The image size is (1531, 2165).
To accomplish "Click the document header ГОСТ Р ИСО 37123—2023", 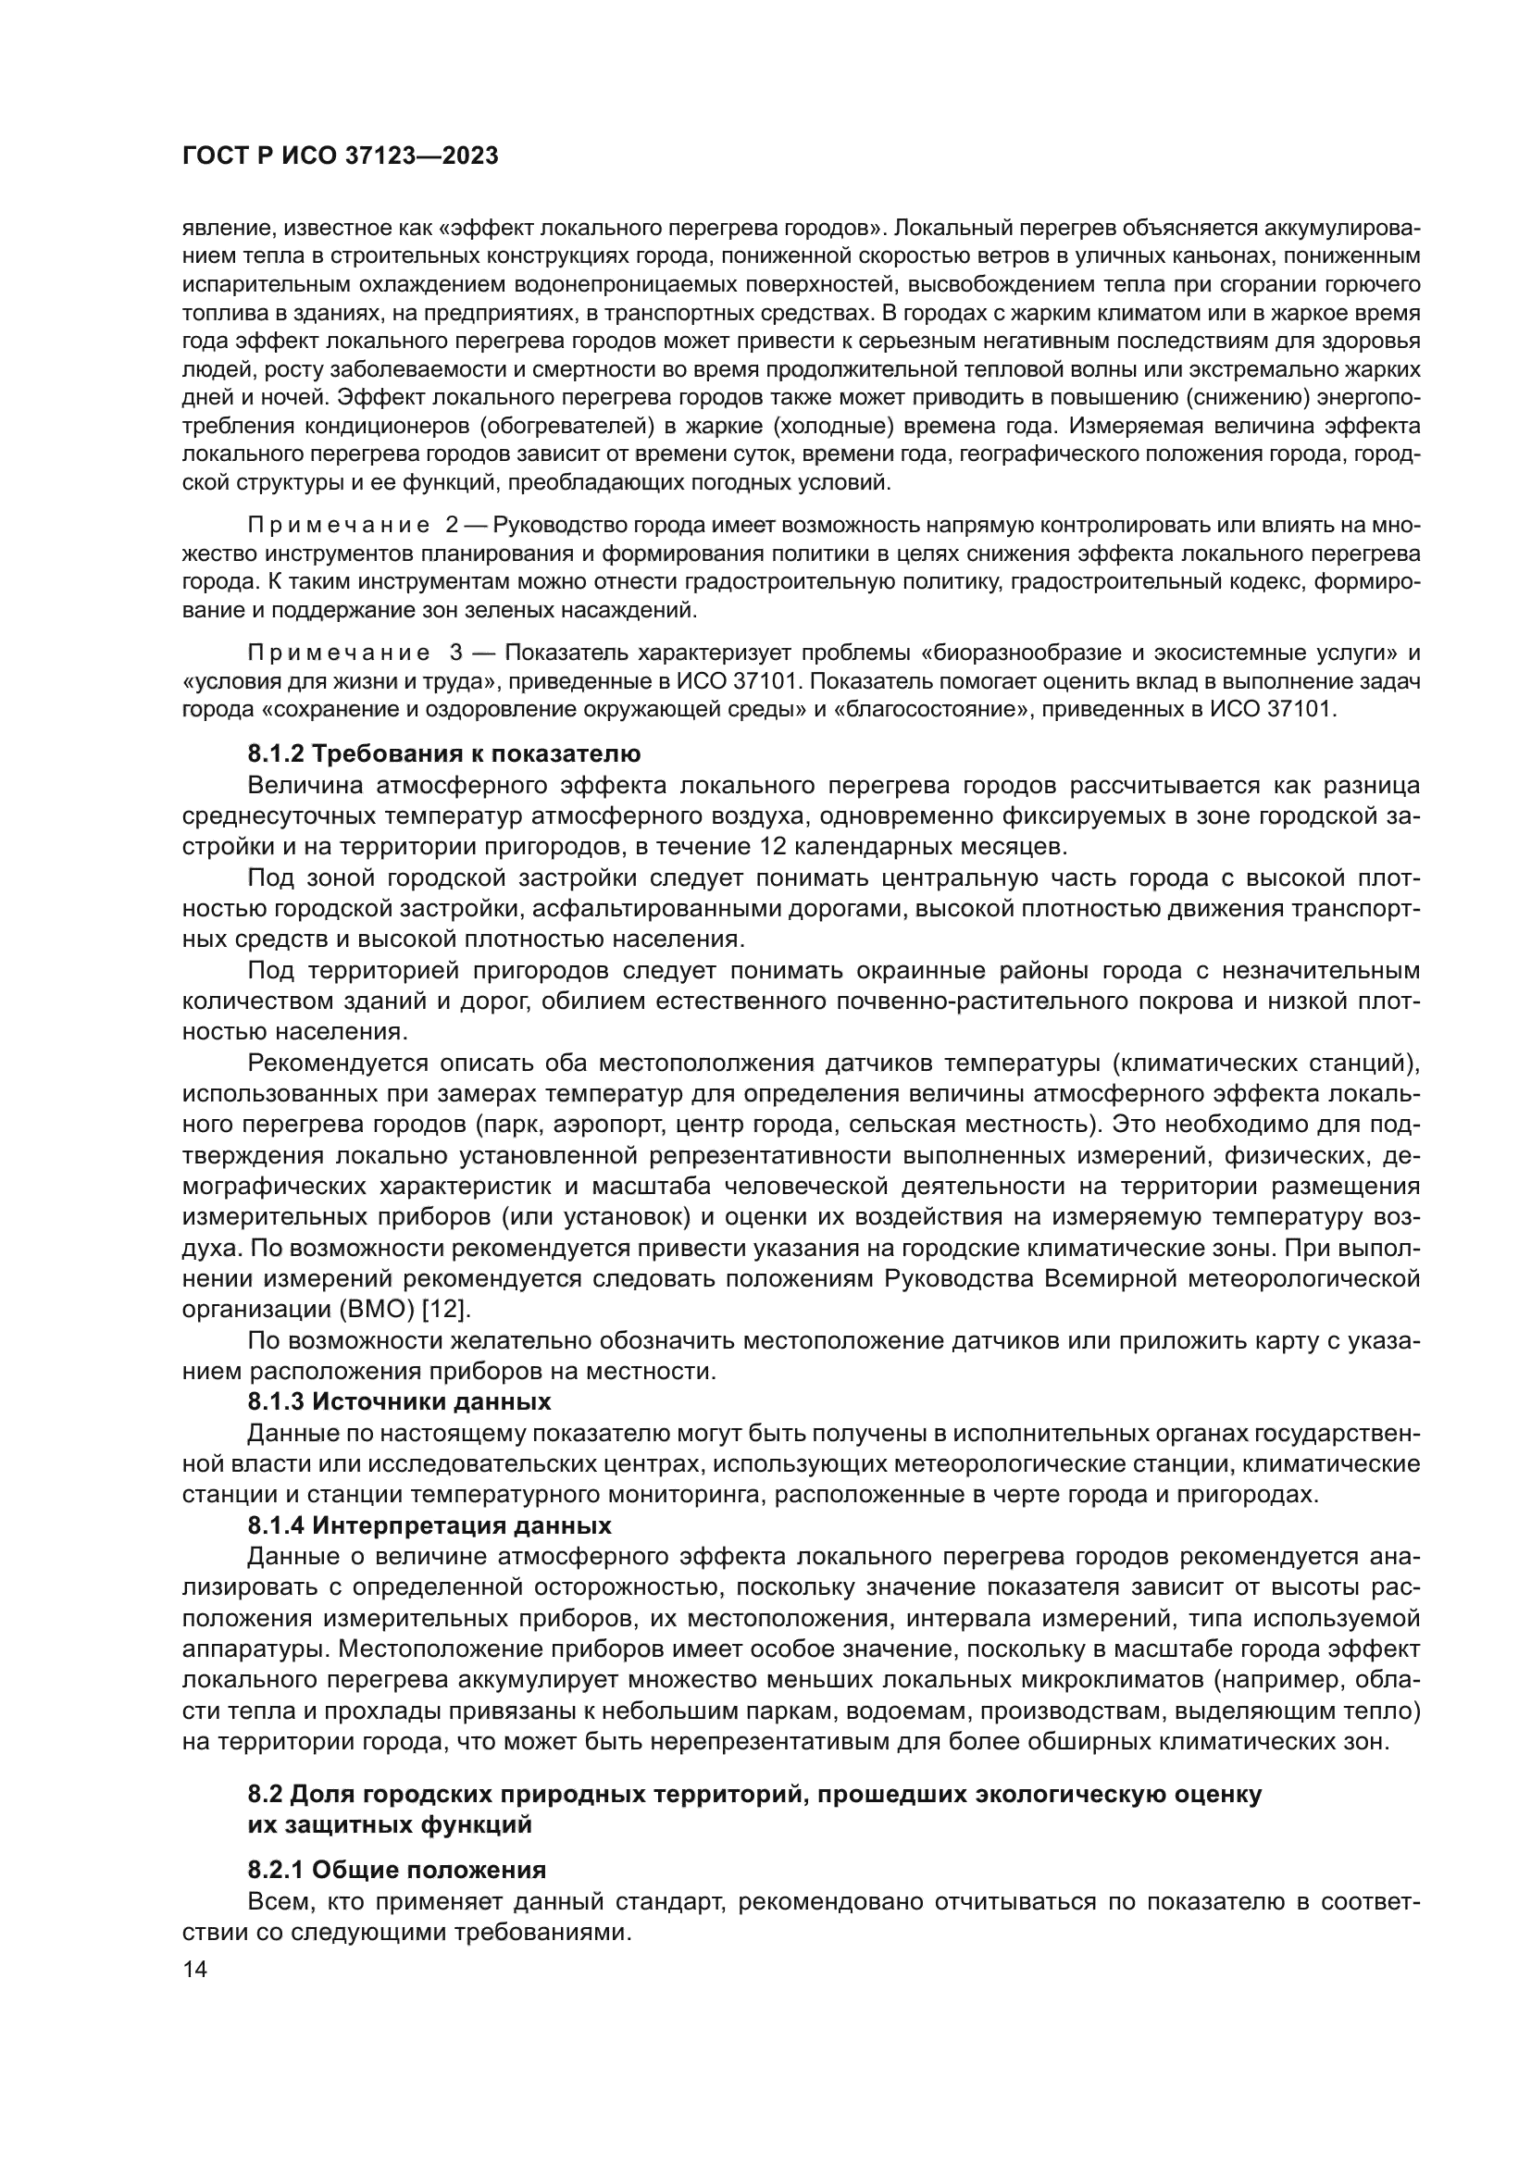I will pyautogui.click(x=340, y=156).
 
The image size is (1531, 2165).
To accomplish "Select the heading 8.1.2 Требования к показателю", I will pyautogui.click(x=444, y=753).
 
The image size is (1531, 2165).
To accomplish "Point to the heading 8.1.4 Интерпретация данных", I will pyautogui.click(x=429, y=1524).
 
